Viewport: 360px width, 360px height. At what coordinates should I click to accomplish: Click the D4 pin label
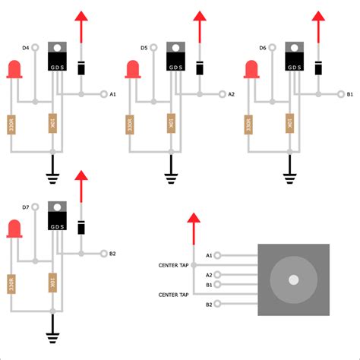(x=25, y=48)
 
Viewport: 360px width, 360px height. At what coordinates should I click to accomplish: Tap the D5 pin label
(x=144, y=48)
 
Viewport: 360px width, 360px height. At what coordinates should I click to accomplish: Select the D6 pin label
(x=263, y=48)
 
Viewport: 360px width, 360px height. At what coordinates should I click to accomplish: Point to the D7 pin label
(x=25, y=207)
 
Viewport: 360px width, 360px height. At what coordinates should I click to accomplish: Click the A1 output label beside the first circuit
(x=113, y=94)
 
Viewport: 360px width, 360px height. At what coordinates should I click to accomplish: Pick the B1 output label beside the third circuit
(x=350, y=94)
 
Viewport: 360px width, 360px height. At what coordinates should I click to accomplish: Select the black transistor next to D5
(x=175, y=58)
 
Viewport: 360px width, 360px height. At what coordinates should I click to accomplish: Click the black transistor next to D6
(x=295, y=58)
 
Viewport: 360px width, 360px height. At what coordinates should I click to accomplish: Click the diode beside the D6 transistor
(x=318, y=68)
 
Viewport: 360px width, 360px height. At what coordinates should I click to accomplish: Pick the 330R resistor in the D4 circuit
(x=11, y=124)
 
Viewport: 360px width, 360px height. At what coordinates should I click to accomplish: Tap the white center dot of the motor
(x=293, y=279)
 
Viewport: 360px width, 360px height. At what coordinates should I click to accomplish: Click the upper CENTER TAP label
(x=173, y=265)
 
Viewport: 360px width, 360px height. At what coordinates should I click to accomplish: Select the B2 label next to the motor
(x=209, y=305)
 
